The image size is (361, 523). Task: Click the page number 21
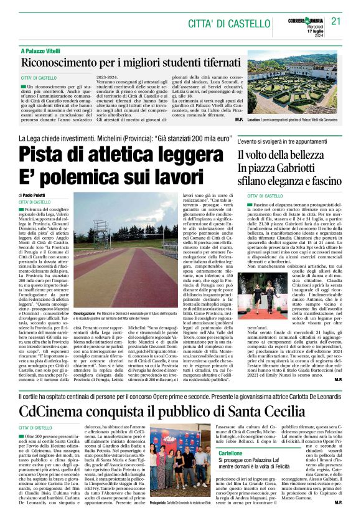pos(336,21)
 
